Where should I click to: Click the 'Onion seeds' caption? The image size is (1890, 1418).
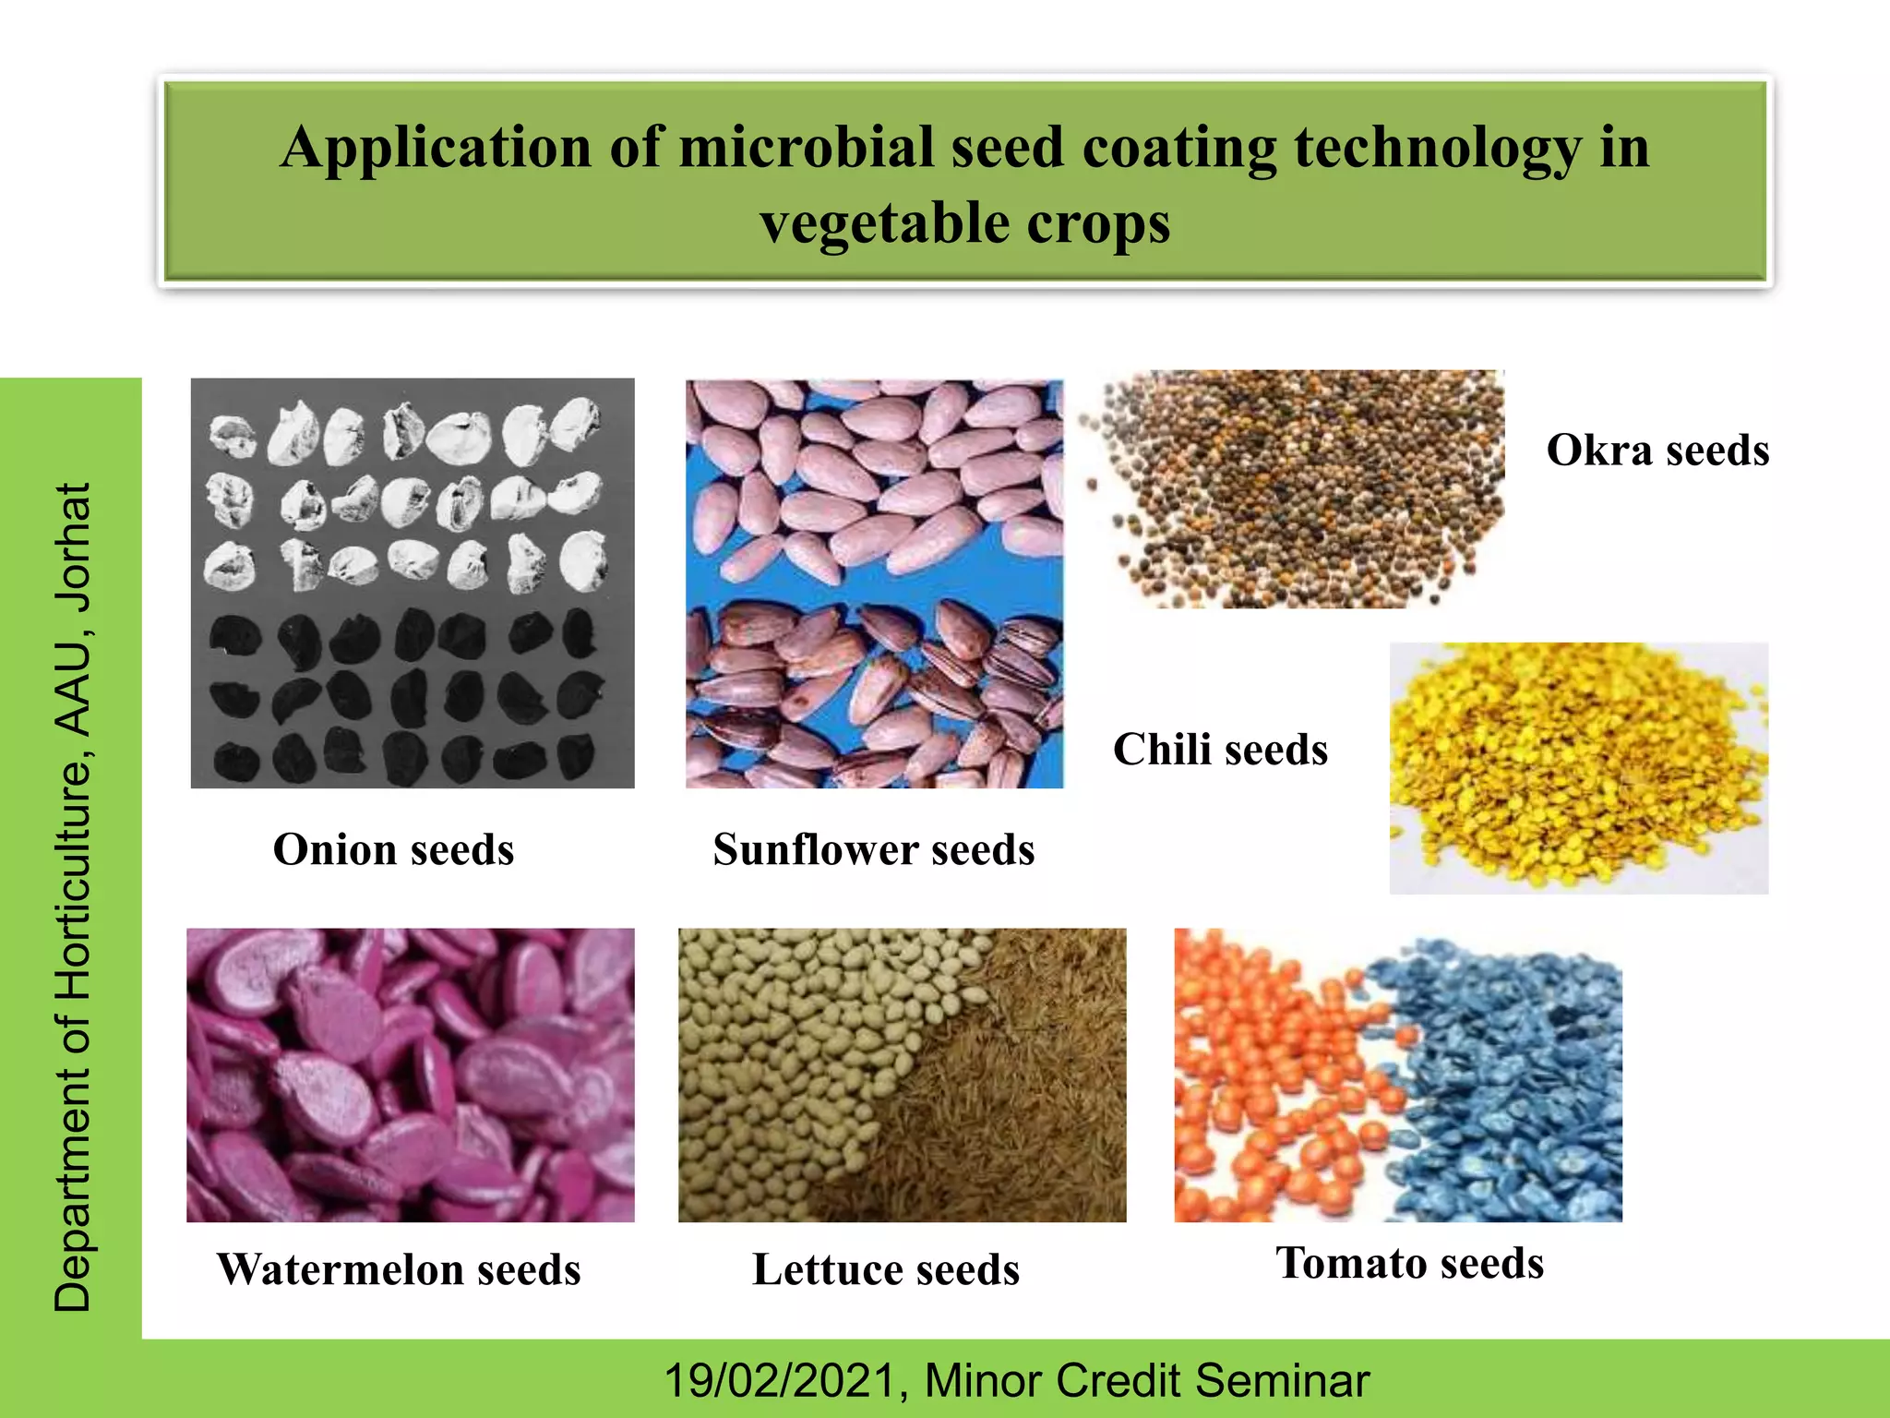coord(393,849)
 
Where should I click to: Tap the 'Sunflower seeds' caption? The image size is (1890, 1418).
coord(873,849)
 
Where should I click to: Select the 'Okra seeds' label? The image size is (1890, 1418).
coord(1657,451)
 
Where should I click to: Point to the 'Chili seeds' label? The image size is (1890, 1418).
coord(1220,750)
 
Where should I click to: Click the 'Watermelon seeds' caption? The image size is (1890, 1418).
coord(399,1269)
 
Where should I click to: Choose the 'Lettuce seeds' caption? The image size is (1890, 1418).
coord(886,1269)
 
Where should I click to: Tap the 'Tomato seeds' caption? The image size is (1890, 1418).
coord(1409,1263)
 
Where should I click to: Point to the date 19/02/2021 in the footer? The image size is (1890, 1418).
coord(780,1381)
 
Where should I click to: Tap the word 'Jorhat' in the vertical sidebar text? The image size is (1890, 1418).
coord(74,548)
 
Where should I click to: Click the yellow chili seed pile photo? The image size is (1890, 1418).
coord(1578,768)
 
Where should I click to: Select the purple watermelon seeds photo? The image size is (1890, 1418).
coord(411,1075)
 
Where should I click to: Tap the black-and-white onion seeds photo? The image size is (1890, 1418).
coord(413,583)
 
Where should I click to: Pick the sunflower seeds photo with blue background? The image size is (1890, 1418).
coord(874,583)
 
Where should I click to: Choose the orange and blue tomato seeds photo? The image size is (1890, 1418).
coord(1397,1075)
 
